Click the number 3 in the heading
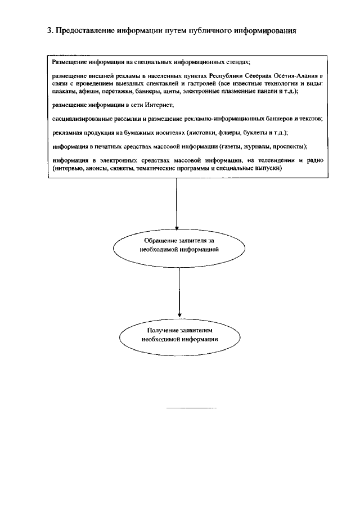[49, 30]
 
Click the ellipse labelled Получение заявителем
[178, 335]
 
